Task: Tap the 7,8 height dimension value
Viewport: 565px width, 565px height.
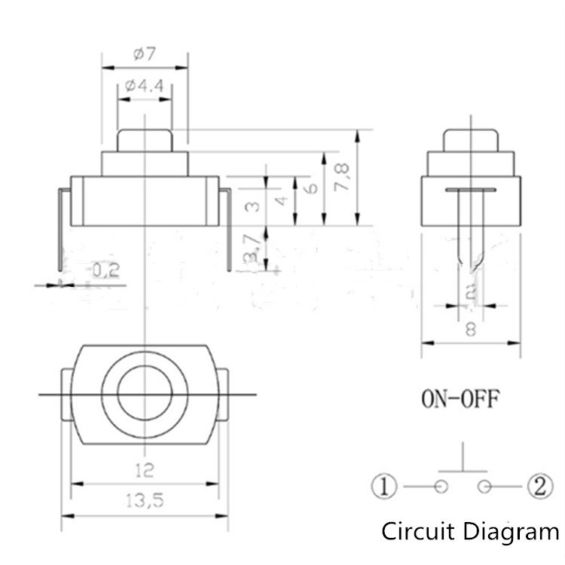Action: (344, 178)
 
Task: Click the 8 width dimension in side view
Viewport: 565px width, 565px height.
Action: (471, 329)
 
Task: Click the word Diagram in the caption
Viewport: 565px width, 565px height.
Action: (510, 533)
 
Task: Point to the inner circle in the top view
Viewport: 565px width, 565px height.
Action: (144, 392)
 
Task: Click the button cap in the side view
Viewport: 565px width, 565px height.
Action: (471, 139)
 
